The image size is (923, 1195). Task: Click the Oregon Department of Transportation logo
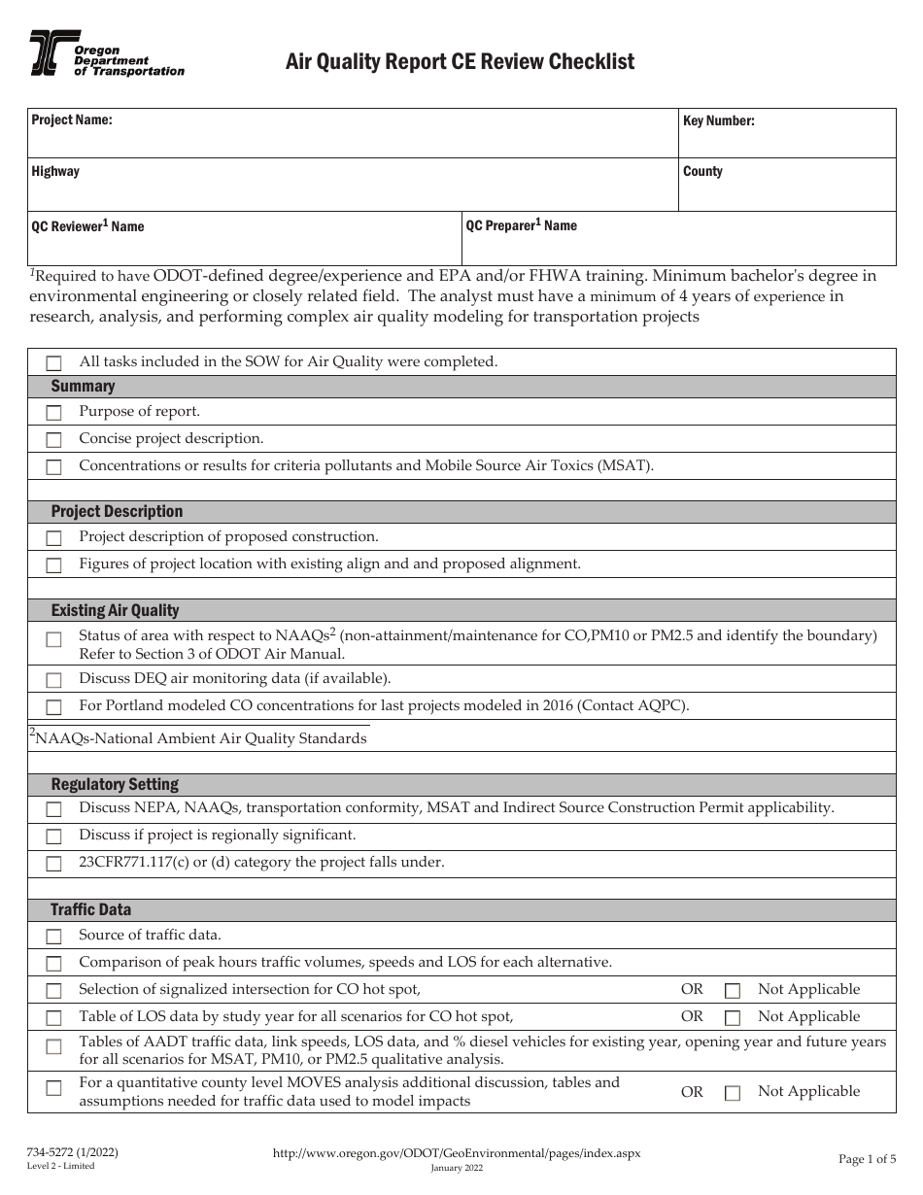pyautogui.click(x=106, y=53)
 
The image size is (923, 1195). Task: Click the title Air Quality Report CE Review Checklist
pyautogui.click(x=460, y=62)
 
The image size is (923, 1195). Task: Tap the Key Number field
pyautogui.click(x=787, y=133)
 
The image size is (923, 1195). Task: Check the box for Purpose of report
pyautogui.click(x=54, y=413)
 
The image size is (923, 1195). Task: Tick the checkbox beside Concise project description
pyautogui.click(x=54, y=440)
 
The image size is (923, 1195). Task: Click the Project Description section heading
pyautogui.click(x=117, y=511)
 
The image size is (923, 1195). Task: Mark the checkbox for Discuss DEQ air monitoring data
pyautogui.click(x=54, y=680)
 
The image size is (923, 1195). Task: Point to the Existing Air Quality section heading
pyautogui.click(x=115, y=610)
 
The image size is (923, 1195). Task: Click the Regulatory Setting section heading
pyautogui.click(x=115, y=784)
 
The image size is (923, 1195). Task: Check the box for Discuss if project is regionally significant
pyautogui.click(x=54, y=836)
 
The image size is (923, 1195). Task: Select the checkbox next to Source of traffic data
pyautogui.click(x=54, y=937)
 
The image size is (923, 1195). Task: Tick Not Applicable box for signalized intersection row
pyautogui.click(x=733, y=991)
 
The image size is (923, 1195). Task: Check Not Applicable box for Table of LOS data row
pyautogui.click(x=733, y=1018)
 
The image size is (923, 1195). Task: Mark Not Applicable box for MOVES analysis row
pyautogui.click(x=733, y=1093)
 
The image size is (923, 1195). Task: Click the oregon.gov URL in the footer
pyautogui.click(x=457, y=1152)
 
